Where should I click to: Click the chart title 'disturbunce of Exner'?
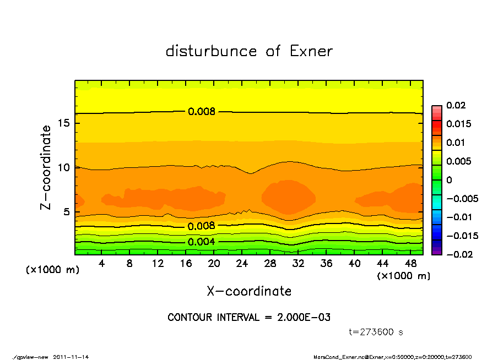(x=249, y=51)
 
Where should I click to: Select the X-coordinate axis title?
(x=249, y=291)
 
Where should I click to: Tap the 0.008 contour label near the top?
(x=202, y=111)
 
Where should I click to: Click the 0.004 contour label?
(x=202, y=242)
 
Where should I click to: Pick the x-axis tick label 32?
(x=298, y=264)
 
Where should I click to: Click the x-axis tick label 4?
(x=101, y=264)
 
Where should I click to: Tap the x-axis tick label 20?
(x=214, y=264)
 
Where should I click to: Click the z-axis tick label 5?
(x=67, y=211)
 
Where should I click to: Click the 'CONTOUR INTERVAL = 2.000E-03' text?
(x=249, y=318)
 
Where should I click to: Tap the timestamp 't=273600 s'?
(x=376, y=332)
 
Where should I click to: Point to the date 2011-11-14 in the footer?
(x=71, y=357)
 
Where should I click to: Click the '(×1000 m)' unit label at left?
(x=50, y=270)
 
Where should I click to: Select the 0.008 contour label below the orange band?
(x=202, y=226)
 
